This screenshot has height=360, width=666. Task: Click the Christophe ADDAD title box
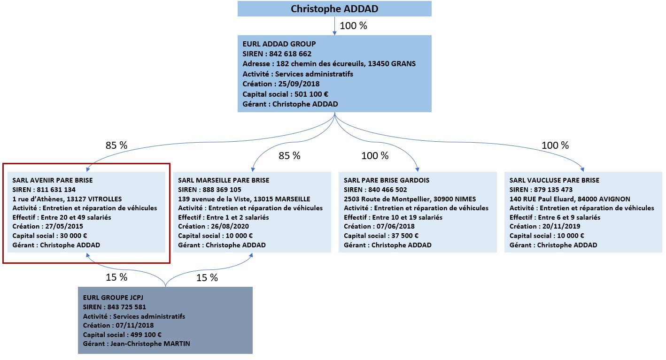click(x=334, y=8)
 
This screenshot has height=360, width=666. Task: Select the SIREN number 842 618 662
click(x=290, y=54)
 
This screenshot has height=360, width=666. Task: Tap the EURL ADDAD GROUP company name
click(x=279, y=44)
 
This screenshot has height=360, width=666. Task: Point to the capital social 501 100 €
click(x=311, y=94)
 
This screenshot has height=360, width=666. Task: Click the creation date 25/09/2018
click(x=299, y=84)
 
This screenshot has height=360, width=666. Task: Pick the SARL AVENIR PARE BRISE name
click(x=53, y=180)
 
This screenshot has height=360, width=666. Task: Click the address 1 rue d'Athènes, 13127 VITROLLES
click(x=67, y=199)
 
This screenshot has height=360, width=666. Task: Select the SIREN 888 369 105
click(x=222, y=190)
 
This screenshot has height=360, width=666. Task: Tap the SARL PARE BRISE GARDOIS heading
click(x=387, y=180)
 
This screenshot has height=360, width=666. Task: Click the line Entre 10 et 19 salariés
click(x=407, y=217)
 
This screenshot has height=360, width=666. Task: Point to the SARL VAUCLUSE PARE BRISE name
click(x=555, y=180)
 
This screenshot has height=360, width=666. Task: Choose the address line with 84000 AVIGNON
click(x=570, y=199)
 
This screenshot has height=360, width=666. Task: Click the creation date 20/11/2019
click(x=561, y=226)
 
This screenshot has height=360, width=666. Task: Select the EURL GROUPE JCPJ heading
click(x=113, y=298)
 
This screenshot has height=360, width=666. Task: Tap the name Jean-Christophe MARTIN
click(x=150, y=344)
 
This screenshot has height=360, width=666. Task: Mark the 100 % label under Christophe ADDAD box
click(x=353, y=26)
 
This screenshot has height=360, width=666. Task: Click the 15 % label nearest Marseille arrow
click(x=207, y=278)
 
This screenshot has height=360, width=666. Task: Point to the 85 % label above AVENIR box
click(x=116, y=145)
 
